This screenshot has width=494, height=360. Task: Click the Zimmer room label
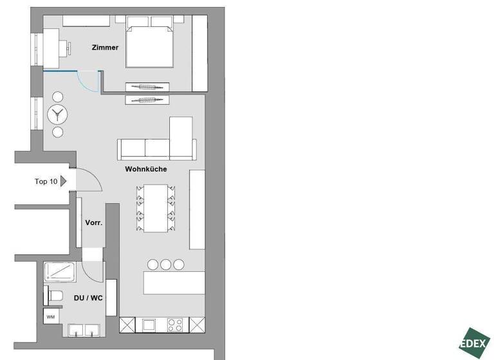105,47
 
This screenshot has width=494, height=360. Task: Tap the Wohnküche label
146,169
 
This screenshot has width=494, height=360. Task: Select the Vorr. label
94,223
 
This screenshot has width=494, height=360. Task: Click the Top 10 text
46,181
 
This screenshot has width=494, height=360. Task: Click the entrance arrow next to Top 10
63,181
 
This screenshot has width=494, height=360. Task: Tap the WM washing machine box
50,316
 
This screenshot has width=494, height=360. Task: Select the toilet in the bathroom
53,296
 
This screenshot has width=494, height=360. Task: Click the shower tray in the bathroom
61,273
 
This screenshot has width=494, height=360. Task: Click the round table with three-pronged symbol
58,115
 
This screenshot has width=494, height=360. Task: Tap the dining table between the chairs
155,208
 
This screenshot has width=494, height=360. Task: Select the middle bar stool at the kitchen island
166,264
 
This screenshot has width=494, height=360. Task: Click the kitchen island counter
174,283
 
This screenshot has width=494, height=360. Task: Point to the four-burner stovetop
176,324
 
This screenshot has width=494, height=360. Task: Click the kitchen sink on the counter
150,324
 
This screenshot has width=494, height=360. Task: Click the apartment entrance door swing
89,180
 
